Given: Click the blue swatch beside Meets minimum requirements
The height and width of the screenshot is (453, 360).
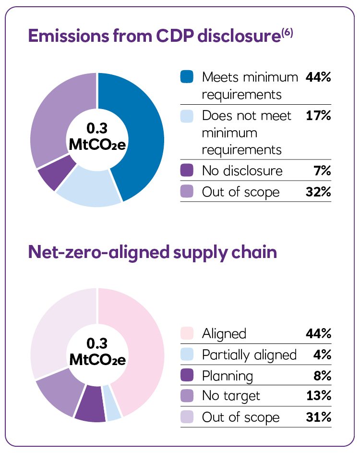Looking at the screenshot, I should pyautogui.click(x=187, y=76).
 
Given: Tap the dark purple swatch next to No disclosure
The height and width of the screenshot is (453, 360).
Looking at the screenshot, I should pyautogui.click(x=187, y=171).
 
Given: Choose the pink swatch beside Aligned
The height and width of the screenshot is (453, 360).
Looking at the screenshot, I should pyautogui.click(x=187, y=333).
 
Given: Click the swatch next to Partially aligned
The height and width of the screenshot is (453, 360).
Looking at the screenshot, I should pyautogui.click(x=187, y=355).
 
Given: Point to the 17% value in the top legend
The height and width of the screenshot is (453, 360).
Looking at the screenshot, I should pyautogui.click(x=318, y=116).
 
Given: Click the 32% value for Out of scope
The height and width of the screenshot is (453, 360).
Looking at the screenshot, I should pyautogui.click(x=318, y=192).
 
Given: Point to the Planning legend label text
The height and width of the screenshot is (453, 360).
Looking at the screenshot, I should pyautogui.click(x=227, y=375).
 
